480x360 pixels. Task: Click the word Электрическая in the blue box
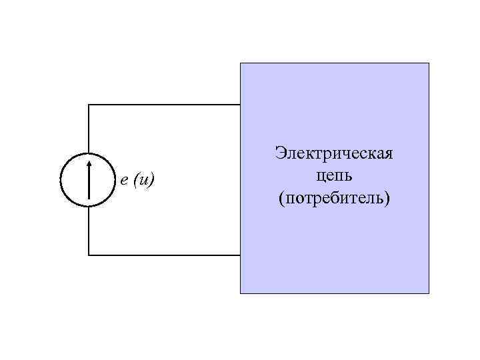(x=334, y=154)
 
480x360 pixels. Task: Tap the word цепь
(x=334, y=177)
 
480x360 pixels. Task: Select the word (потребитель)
(x=334, y=199)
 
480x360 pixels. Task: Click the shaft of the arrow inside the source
(x=89, y=183)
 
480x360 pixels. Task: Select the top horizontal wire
(x=163, y=105)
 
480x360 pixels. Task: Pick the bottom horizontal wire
(x=163, y=255)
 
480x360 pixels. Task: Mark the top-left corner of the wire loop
(x=89, y=105)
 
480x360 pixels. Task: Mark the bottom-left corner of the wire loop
(x=89, y=255)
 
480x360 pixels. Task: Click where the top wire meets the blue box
(x=240, y=105)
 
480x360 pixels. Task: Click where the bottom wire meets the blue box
(x=240, y=255)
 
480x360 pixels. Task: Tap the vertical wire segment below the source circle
(x=89, y=231)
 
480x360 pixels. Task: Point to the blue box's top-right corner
(x=429, y=63)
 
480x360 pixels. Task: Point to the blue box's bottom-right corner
(x=429, y=293)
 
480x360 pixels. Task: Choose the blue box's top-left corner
(x=241, y=63)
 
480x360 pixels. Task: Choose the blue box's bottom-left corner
(x=241, y=293)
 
